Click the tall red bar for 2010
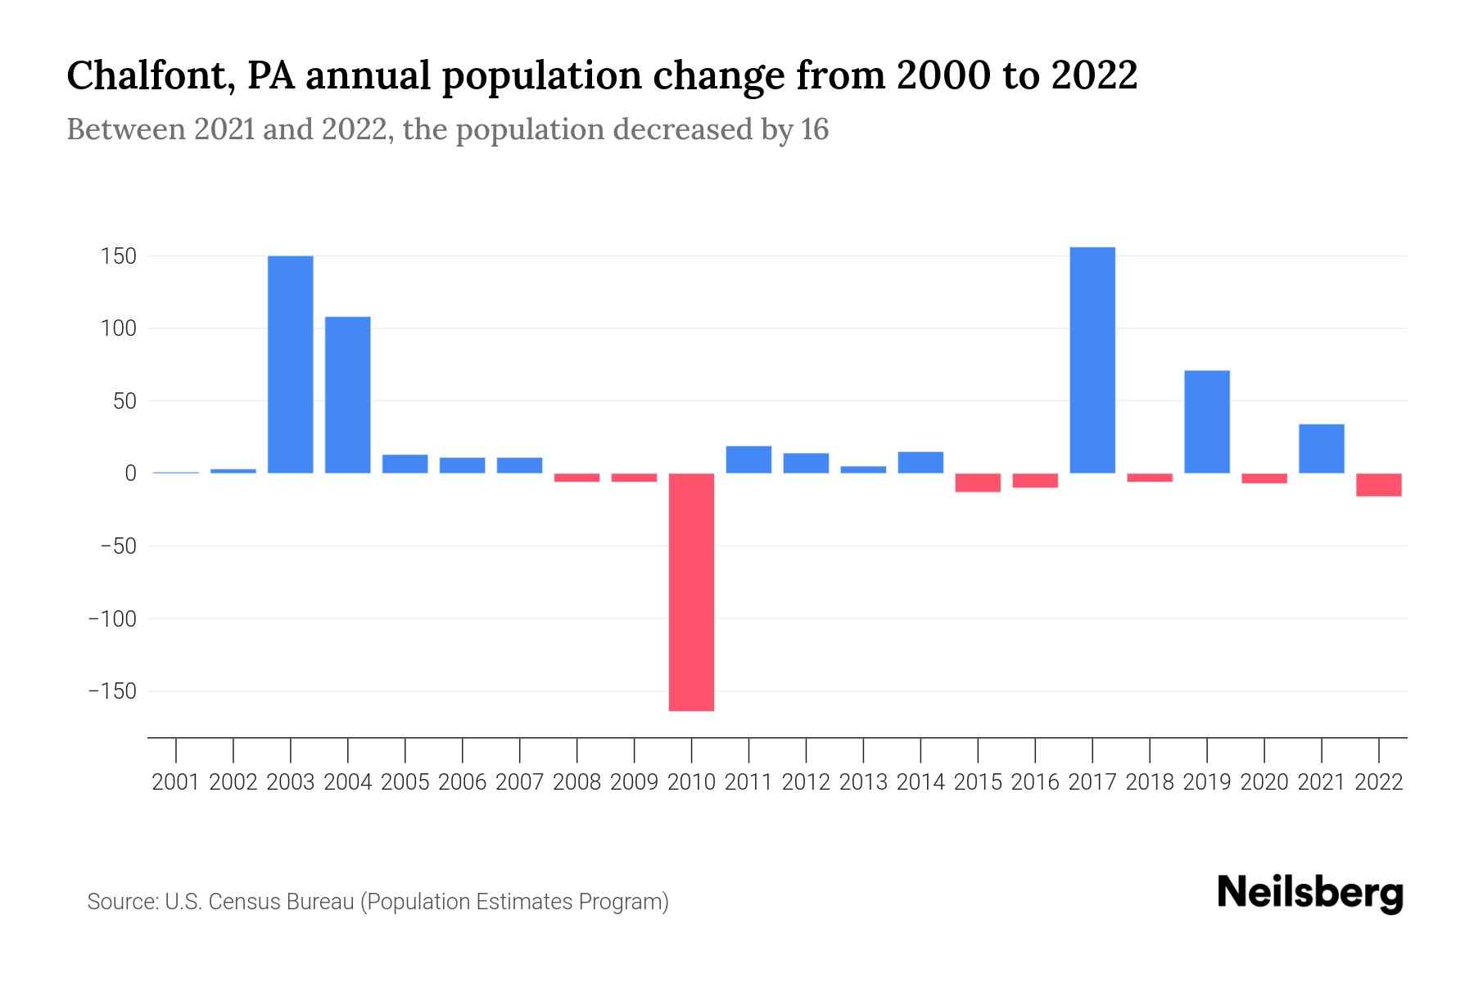pyautogui.click(x=691, y=591)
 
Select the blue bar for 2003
pyautogui.click(x=291, y=365)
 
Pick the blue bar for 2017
pyautogui.click(x=1092, y=360)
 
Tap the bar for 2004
pyautogui.click(x=348, y=395)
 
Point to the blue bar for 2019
pyautogui.click(x=1207, y=422)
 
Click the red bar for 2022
pyautogui.click(x=1379, y=485)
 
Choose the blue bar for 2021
pyautogui.click(x=1322, y=449)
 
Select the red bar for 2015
pyautogui.click(x=978, y=482)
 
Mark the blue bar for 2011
pyautogui.click(x=748, y=460)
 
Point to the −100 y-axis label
pyautogui.click(x=112, y=619)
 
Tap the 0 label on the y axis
pyautogui.click(x=130, y=474)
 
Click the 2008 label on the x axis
pyautogui.click(x=576, y=783)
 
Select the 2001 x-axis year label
pyautogui.click(x=176, y=783)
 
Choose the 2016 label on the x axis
pyautogui.click(x=1035, y=783)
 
